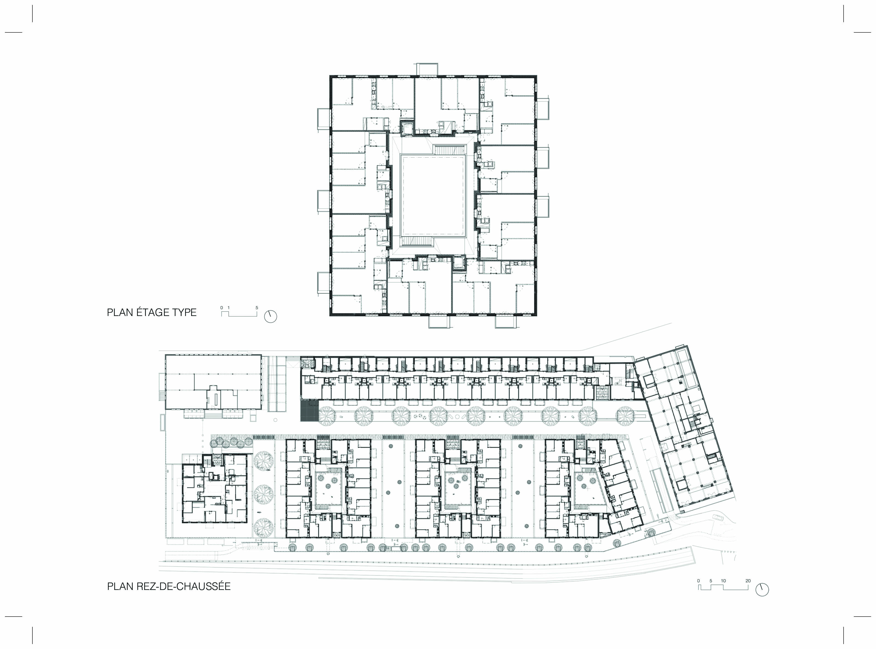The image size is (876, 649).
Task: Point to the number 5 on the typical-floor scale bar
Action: [257, 308]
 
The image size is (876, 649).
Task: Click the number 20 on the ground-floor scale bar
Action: [748, 581]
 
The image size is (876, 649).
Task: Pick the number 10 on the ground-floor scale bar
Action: [723, 581]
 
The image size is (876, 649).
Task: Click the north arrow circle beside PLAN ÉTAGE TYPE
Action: [271, 317]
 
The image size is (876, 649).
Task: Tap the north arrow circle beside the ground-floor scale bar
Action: [762, 590]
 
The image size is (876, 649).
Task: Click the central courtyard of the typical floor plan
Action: [433, 195]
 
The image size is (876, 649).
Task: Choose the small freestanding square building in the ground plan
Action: [214, 488]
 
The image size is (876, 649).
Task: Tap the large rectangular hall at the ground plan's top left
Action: [213, 382]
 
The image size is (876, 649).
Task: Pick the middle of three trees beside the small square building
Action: [263, 494]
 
